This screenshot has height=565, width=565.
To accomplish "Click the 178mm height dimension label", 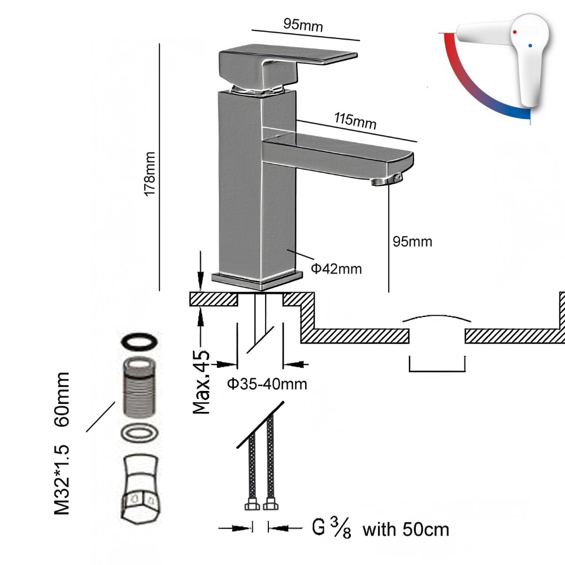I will click(150, 174).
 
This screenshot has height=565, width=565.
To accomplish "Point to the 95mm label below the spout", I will click(412, 242).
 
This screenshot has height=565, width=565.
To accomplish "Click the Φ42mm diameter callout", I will click(336, 268).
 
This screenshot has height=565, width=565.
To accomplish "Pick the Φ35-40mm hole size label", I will click(267, 385).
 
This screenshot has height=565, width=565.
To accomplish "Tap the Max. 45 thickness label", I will click(202, 382).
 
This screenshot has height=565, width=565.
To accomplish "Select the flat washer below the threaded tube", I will click(140, 434).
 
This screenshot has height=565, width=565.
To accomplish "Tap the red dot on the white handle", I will click(515, 34).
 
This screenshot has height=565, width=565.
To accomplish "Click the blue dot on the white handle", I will click(529, 44).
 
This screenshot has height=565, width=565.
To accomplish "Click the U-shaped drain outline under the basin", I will click(437, 365).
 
